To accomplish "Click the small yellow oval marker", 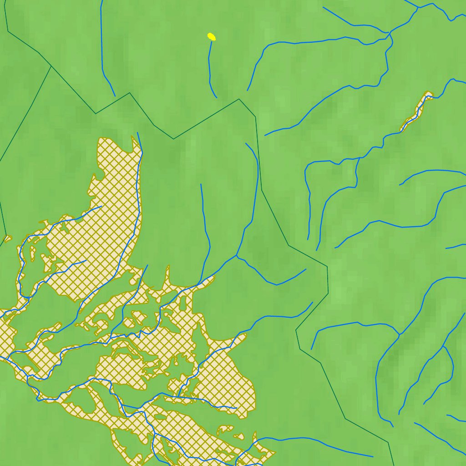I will tap(211, 36).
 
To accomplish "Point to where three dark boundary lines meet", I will tap(51, 66).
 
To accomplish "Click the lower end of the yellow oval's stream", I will tap(216, 97).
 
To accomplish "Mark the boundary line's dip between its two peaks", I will tap(173, 138).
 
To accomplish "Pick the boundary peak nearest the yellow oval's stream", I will tap(239, 99).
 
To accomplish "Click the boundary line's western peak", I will tap(130, 93).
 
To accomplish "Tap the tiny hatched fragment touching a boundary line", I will tap(7, 238).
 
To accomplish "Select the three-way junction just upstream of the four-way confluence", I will tap(418, 8).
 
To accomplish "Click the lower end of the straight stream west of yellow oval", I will tap(115, 96).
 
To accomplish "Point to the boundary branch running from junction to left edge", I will tap(25, 114).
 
